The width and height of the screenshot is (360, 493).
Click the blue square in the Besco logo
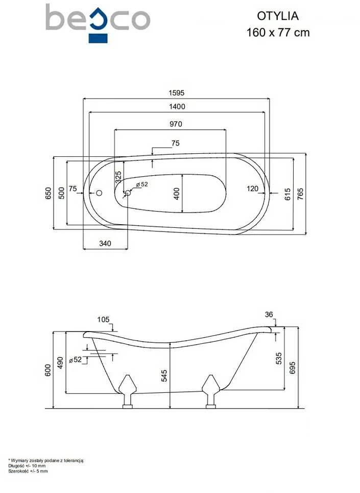[98, 38]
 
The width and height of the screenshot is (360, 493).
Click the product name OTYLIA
[278, 16]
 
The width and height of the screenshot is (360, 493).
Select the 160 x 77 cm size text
[278, 32]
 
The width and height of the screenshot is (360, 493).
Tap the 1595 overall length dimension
[177, 93]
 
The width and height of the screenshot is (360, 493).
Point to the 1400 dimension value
[177, 107]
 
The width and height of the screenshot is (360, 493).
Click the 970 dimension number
[176, 124]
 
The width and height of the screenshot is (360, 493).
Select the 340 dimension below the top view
[105, 243]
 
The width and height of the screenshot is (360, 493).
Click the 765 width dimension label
[300, 195]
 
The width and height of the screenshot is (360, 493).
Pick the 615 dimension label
[287, 195]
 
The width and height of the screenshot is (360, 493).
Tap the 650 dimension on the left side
[48, 193]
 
